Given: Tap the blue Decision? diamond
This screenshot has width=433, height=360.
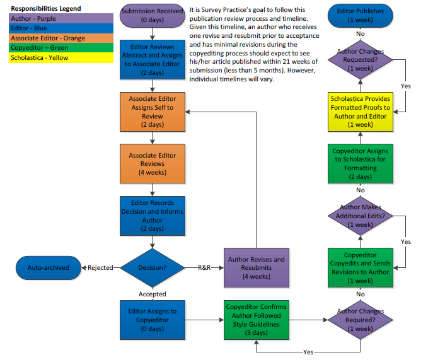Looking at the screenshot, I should click(152, 267).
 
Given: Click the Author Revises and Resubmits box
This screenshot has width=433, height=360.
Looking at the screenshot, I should click(256, 267).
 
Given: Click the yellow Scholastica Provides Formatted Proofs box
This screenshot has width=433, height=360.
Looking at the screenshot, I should click(360, 112).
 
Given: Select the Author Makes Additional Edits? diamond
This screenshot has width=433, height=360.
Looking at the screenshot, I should click(360, 216).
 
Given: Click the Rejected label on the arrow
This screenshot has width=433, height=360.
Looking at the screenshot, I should click(100, 267).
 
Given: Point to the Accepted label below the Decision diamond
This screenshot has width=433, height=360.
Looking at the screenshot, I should click(152, 294).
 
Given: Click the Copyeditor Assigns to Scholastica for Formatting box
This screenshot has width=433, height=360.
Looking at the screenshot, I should click(360, 164).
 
